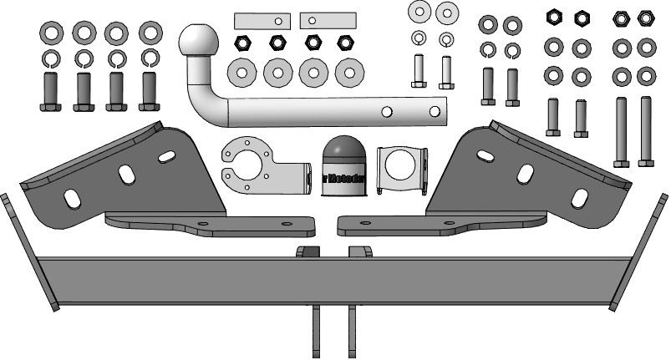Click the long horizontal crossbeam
click(x=334, y=280)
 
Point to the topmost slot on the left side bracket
click(x=166, y=155)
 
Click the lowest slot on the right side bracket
click(x=577, y=199)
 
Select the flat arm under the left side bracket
click(x=209, y=225)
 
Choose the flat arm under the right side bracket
click(x=443, y=225)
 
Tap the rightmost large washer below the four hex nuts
click(x=350, y=72)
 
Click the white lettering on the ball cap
click(x=342, y=176)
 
